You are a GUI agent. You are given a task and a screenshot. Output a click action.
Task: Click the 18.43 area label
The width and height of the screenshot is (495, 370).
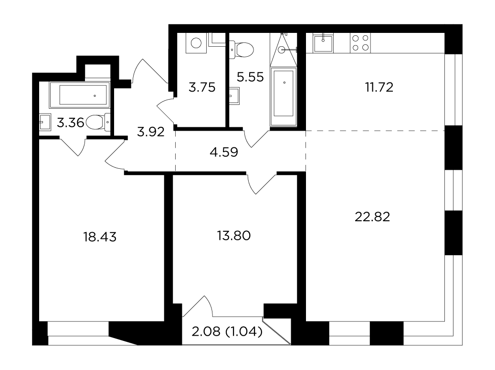click(x=100, y=236)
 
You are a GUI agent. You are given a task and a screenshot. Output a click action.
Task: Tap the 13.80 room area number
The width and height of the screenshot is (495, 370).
click(x=234, y=236)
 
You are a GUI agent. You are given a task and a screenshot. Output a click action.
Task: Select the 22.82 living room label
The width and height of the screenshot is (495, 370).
click(x=372, y=216)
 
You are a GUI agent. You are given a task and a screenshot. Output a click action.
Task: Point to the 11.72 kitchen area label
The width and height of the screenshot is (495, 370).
click(x=379, y=87)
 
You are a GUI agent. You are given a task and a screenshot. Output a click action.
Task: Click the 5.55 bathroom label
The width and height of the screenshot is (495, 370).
click(x=250, y=77)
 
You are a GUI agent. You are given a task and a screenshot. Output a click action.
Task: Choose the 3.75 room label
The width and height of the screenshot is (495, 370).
click(x=202, y=87)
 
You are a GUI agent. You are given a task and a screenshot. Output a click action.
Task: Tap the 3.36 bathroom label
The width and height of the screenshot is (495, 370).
click(x=70, y=123)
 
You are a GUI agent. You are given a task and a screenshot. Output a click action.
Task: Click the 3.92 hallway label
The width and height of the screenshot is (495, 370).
click(x=151, y=132)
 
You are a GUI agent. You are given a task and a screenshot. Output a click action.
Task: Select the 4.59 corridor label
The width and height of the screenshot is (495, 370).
click(x=224, y=152)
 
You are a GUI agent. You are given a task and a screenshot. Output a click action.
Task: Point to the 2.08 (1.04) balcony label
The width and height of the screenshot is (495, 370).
click(x=227, y=331)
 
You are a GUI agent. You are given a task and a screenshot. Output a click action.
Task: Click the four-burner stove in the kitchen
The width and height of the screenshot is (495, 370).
click(x=360, y=43)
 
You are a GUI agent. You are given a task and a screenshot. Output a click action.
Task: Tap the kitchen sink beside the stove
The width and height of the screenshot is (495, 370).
click(x=323, y=43)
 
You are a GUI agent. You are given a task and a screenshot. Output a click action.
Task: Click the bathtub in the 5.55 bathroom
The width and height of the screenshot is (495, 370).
click(x=284, y=96)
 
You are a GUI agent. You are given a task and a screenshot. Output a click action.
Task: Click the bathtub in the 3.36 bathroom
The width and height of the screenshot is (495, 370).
click(x=80, y=94)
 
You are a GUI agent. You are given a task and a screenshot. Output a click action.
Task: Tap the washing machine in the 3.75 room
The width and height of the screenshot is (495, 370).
click(x=196, y=43)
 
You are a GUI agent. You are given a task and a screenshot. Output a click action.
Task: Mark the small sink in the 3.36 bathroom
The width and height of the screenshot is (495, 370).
click(x=45, y=122)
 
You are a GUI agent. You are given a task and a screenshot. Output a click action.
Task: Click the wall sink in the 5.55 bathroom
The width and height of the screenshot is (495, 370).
click(x=234, y=95)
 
